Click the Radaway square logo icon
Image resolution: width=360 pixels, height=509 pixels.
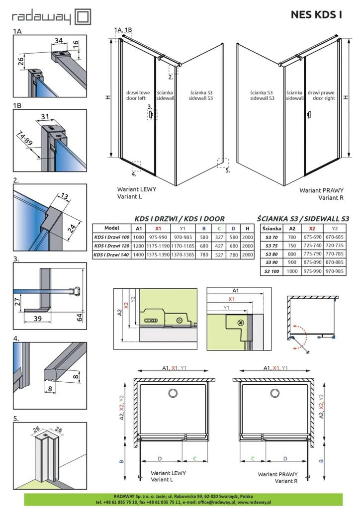(83, 17)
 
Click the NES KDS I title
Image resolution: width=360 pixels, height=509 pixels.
(316, 14)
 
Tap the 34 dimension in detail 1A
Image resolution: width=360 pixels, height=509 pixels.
(59, 41)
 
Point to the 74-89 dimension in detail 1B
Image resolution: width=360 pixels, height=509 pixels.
(25, 138)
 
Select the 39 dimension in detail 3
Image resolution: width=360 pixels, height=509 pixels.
(38, 319)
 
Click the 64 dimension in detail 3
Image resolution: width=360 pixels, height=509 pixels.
(79, 317)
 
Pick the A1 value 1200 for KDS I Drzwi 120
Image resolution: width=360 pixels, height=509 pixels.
(139, 246)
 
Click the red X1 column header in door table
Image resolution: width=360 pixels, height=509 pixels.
(158, 229)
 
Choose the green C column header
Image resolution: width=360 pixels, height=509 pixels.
(219, 229)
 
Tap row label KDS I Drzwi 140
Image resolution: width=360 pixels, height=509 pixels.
(111, 255)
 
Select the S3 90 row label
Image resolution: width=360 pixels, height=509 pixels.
(271, 262)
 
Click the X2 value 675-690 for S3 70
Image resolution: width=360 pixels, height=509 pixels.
(312, 237)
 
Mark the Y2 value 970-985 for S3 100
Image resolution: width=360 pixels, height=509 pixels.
(334, 271)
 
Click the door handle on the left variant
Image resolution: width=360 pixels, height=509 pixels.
(151, 115)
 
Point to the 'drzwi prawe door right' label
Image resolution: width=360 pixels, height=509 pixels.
(321, 95)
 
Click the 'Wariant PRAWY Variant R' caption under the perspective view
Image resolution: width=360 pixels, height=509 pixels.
(321, 194)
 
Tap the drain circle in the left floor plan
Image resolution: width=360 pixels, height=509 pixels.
(173, 394)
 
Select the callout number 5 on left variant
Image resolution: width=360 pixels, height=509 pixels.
(228, 170)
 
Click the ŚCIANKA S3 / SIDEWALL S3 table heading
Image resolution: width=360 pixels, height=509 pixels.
(303, 219)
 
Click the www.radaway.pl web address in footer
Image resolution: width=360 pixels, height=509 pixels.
(256, 502)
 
